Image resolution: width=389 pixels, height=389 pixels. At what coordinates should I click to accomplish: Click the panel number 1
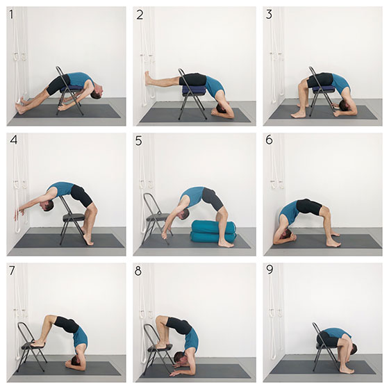pos(11,15)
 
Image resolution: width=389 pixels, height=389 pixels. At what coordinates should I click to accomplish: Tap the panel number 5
pos(139,140)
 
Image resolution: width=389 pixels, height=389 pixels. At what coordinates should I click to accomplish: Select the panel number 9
pos(270,270)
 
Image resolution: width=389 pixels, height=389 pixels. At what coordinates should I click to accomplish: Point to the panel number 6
pos(270,140)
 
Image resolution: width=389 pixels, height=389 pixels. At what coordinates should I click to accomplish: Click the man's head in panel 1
pos(97,93)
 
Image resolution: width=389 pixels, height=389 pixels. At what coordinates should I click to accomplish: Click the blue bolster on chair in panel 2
pos(194,90)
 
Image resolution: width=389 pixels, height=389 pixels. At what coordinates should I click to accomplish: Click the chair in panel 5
pos(156,218)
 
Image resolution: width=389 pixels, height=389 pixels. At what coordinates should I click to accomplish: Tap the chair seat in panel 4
pos(74,217)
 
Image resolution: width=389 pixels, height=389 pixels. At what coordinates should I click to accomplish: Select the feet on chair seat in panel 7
pos(38,344)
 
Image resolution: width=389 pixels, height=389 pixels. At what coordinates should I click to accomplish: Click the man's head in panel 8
pos(180,358)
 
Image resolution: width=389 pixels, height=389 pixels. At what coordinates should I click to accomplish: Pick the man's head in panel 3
pos(345,106)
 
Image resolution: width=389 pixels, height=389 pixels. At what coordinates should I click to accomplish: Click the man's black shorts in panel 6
pos(308,206)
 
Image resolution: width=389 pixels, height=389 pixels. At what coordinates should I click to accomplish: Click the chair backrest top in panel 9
pos(314,324)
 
